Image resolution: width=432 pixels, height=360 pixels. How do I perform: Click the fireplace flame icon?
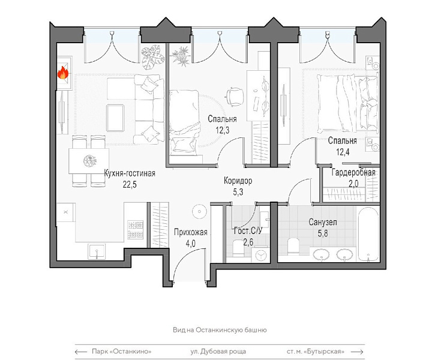point(63,73)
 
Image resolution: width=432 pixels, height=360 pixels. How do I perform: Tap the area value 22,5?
point(130,184)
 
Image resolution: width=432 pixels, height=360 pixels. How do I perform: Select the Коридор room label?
point(238,181)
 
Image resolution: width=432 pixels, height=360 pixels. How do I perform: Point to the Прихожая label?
point(190,232)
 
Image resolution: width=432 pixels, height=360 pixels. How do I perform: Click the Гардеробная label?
point(353,172)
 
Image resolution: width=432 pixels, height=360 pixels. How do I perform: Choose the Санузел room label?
point(323,222)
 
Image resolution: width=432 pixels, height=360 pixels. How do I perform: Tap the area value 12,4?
point(343,152)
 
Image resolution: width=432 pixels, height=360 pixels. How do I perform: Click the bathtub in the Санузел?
point(368,234)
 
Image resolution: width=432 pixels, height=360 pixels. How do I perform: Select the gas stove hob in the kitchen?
point(135,230)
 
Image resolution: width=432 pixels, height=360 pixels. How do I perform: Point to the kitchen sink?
point(97,251)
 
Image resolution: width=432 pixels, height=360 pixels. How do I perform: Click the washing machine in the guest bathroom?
point(260,254)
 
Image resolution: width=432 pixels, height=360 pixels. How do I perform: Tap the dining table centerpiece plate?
point(90,161)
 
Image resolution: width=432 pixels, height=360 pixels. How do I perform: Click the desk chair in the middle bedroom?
point(235,97)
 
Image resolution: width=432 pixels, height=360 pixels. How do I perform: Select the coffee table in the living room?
point(115,118)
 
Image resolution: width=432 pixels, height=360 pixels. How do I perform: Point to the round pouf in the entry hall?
point(199,212)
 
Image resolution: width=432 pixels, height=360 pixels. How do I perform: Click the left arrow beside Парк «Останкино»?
point(81,352)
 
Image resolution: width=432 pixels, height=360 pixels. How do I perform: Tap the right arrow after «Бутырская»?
point(357,352)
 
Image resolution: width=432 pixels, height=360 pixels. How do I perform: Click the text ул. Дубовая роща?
point(218,352)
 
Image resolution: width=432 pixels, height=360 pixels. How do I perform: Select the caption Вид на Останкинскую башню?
point(220,330)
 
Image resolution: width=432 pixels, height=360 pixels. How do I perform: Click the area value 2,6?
point(248,242)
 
